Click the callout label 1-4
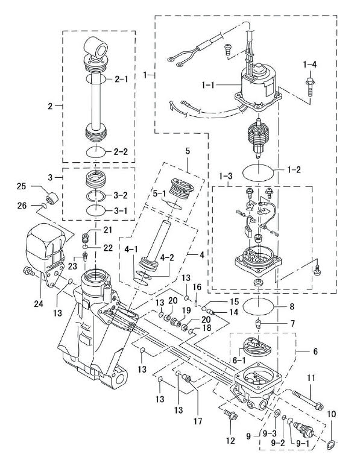(x=310, y=65)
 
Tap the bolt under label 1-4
(x=309, y=87)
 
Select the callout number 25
(x=21, y=186)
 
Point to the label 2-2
(x=121, y=151)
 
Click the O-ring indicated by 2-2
(x=96, y=152)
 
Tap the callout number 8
(x=292, y=306)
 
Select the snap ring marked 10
(x=331, y=445)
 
